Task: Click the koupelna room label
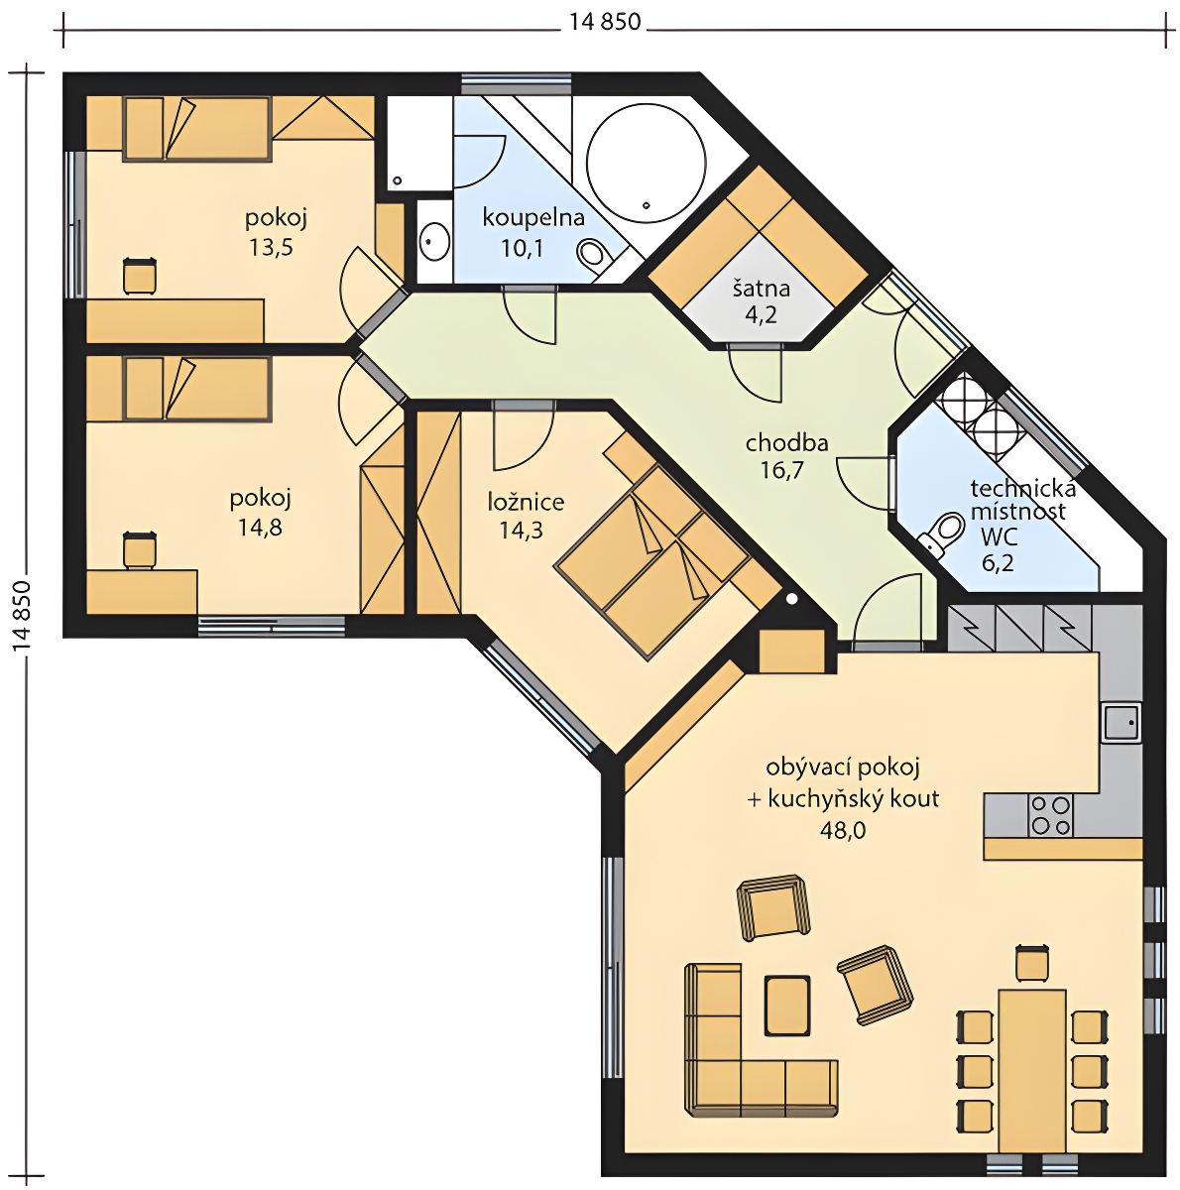(x=533, y=218)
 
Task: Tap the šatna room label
(x=762, y=289)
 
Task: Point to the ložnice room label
(x=526, y=502)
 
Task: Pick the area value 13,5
(x=271, y=247)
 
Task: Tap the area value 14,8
(x=260, y=528)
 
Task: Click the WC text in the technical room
(x=999, y=537)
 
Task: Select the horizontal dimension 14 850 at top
(x=605, y=22)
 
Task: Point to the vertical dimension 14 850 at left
(x=22, y=616)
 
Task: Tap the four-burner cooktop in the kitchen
(x=1050, y=815)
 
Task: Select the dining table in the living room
(x=1032, y=1078)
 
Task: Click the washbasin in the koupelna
(x=435, y=241)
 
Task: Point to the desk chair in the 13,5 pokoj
(x=140, y=276)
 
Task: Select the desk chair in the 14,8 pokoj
(x=140, y=549)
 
